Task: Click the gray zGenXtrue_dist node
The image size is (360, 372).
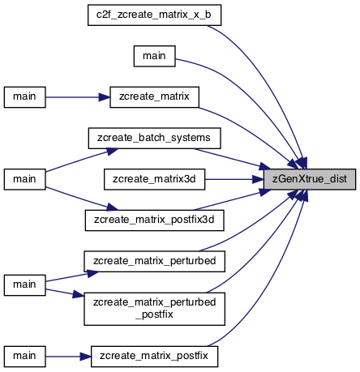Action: tap(310, 179)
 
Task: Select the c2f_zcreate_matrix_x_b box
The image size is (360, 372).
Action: tap(154, 15)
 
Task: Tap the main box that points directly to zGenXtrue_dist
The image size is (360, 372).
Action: tap(154, 56)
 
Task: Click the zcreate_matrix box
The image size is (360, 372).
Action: tap(154, 97)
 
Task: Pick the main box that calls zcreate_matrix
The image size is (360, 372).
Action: tap(24, 97)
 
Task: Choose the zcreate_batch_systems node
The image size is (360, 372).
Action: tap(154, 138)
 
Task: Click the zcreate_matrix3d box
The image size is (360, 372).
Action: tap(154, 179)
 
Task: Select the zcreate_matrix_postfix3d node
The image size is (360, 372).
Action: tap(154, 220)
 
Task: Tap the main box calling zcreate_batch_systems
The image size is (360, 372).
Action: tap(24, 179)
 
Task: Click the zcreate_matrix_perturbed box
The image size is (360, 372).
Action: tap(154, 262)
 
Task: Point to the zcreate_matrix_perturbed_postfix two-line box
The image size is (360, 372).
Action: tap(154, 309)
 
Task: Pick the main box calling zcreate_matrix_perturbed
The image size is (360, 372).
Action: tap(24, 285)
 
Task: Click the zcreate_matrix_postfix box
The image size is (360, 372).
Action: tap(154, 357)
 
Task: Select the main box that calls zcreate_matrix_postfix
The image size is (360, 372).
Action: tap(24, 357)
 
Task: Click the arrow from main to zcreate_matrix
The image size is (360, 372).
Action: tap(78, 97)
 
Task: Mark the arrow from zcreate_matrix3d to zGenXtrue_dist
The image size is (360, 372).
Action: tap(234, 179)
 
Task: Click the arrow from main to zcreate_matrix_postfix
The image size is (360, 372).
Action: tap(68, 357)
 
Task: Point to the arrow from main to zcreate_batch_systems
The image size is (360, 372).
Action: tap(82, 160)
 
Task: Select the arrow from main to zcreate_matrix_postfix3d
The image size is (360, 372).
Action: tap(82, 199)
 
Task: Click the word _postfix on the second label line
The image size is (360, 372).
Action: tap(154, 314)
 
